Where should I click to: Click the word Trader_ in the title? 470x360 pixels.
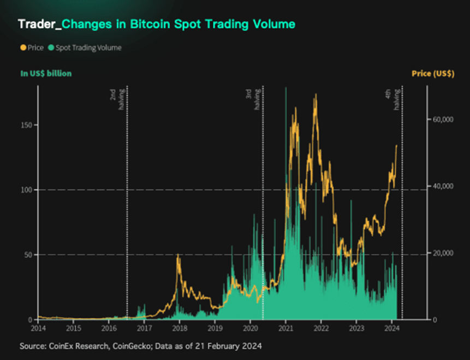point(39,25)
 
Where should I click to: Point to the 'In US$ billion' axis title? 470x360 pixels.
point(46,73)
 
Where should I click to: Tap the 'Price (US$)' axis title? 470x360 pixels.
point(435,73)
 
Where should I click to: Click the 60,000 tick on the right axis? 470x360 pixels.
point(443,119)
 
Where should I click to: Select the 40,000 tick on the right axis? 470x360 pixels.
point(443,186)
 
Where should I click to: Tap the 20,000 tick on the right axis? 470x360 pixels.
point(443,253)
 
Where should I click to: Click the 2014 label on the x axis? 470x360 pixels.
point(38,328)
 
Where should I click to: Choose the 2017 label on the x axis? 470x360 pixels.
point(144,328)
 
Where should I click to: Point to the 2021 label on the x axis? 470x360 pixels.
point(285,328)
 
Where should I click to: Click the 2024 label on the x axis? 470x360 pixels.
point(391,328)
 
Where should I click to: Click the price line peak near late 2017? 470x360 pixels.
point(178,255)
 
